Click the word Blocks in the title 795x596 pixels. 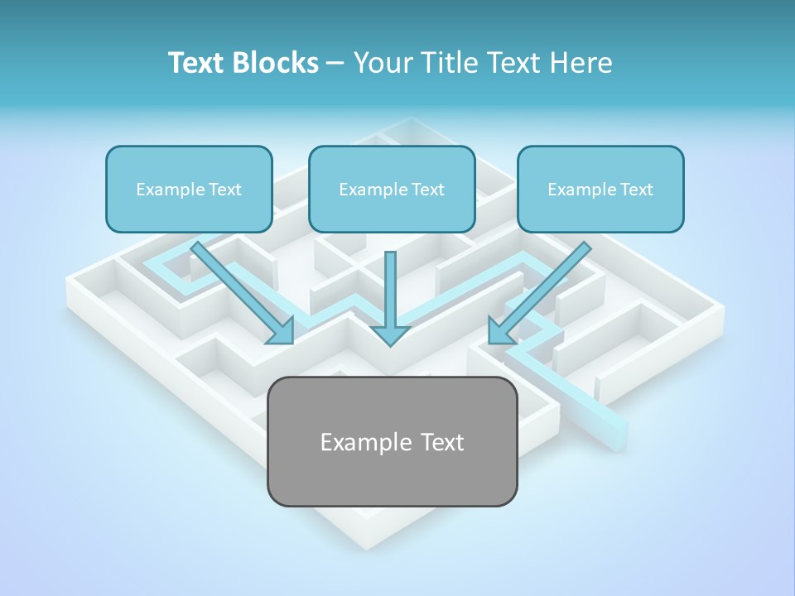pos(277,63)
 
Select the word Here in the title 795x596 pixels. pos(581,63)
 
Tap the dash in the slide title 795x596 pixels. pos(335,64)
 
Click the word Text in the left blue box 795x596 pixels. pos(225,190)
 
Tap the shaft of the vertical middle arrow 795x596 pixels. pos(390,286)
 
